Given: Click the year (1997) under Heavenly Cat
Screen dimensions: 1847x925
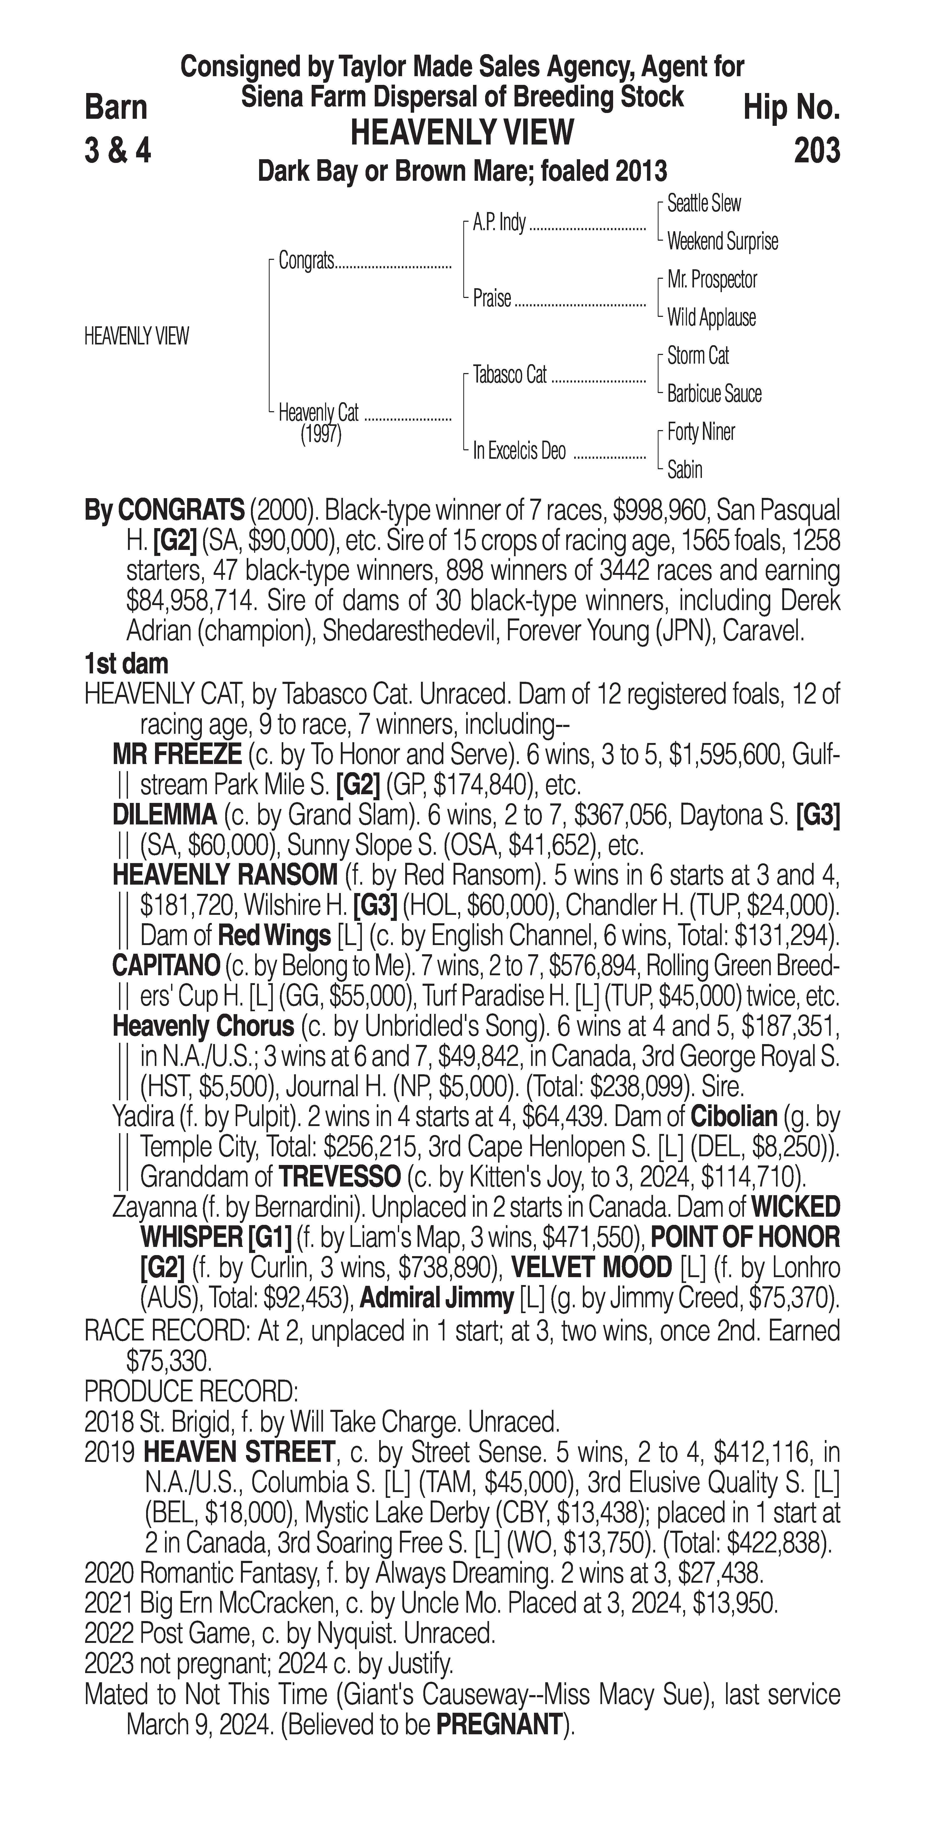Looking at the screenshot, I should (x=321, y=435).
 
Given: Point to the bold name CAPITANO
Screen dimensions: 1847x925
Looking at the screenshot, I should (x=166, y=966).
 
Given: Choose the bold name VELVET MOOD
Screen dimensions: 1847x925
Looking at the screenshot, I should (x=591, y=1268).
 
